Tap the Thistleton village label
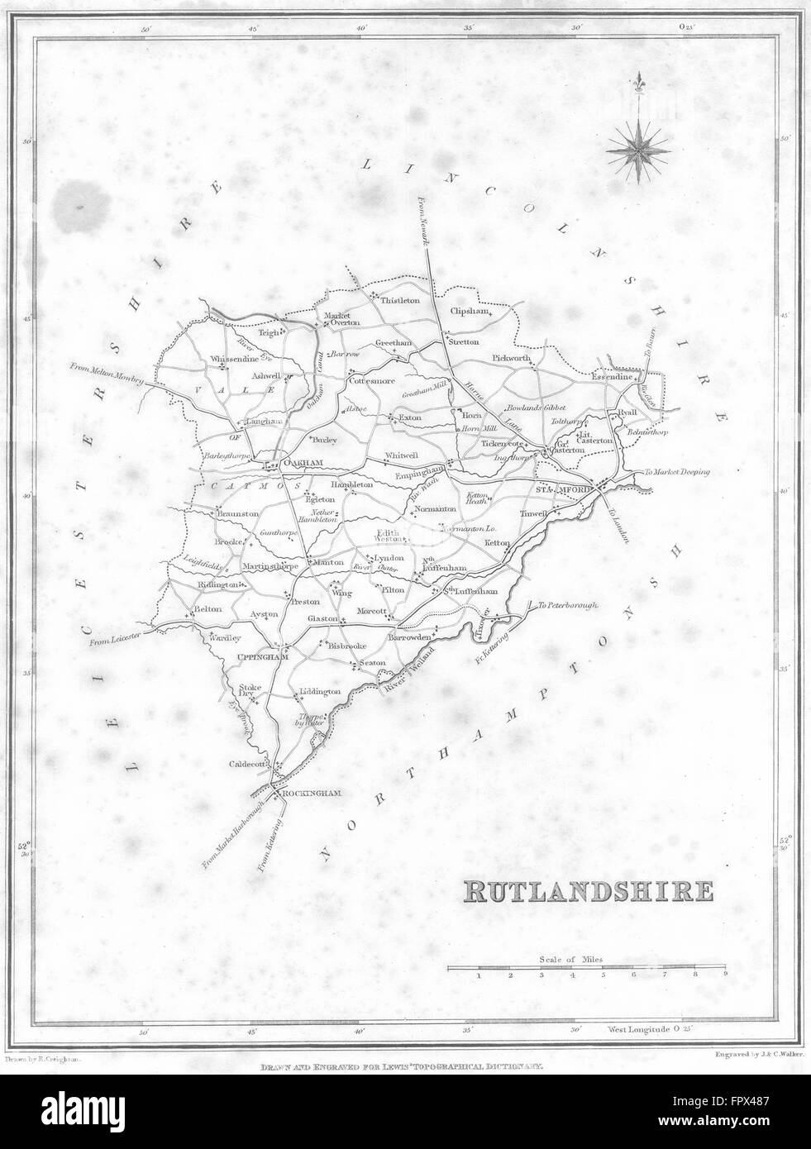(401, 301)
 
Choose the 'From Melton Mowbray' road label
(107, 374)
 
